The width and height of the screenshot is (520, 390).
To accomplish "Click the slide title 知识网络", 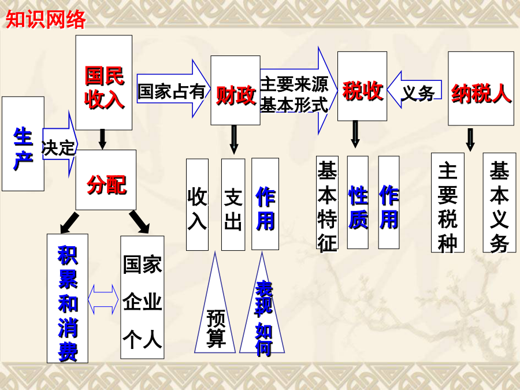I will point(46,20).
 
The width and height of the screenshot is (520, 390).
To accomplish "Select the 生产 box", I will point(23,144).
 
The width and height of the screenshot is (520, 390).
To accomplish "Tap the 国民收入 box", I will point(104,83).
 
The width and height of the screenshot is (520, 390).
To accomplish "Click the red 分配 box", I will point(106,180).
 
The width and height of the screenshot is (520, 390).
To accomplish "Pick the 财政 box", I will point(235,91).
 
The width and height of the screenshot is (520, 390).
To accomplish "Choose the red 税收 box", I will point(362,86).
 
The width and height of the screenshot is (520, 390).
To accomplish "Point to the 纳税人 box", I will point(481,88).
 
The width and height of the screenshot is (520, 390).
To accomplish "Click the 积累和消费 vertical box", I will point(67,298).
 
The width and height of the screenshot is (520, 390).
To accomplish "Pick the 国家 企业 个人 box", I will point(142,299).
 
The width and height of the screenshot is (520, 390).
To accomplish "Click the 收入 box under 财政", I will point(197,205).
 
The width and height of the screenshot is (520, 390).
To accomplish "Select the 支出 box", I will point(233,205).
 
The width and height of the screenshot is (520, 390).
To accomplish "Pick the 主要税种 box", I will point(448,202).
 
